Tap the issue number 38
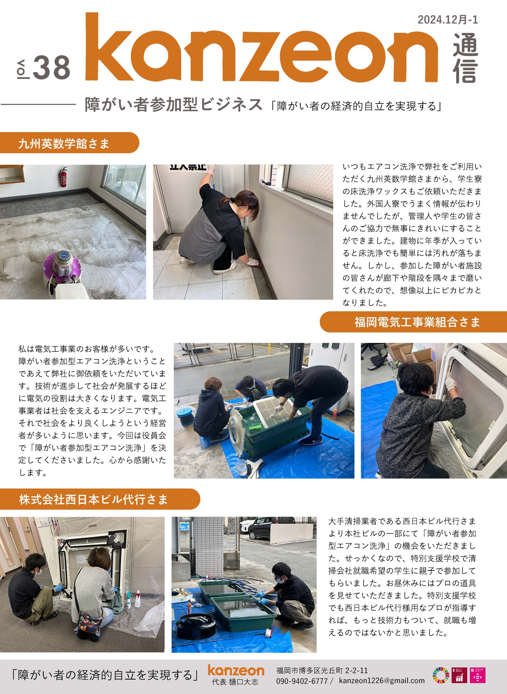52,68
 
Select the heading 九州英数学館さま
64,144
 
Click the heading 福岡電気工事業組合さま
417,322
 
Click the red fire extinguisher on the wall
63,177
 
